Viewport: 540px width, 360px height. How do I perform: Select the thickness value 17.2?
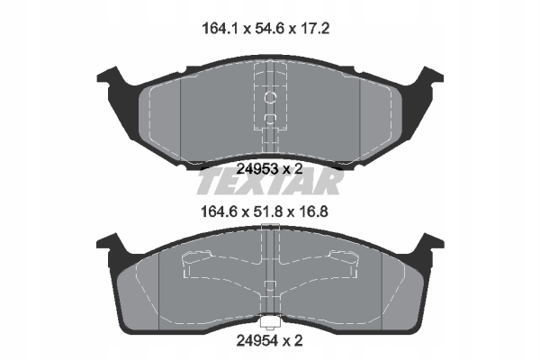[313, 29]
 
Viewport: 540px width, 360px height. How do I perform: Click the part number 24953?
[257, 169]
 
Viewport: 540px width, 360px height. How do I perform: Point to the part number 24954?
[256, 341]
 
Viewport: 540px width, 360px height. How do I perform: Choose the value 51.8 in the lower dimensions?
[265, 211]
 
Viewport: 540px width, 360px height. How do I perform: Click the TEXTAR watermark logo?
[270, 182]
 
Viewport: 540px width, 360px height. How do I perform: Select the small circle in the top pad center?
[270, 98]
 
